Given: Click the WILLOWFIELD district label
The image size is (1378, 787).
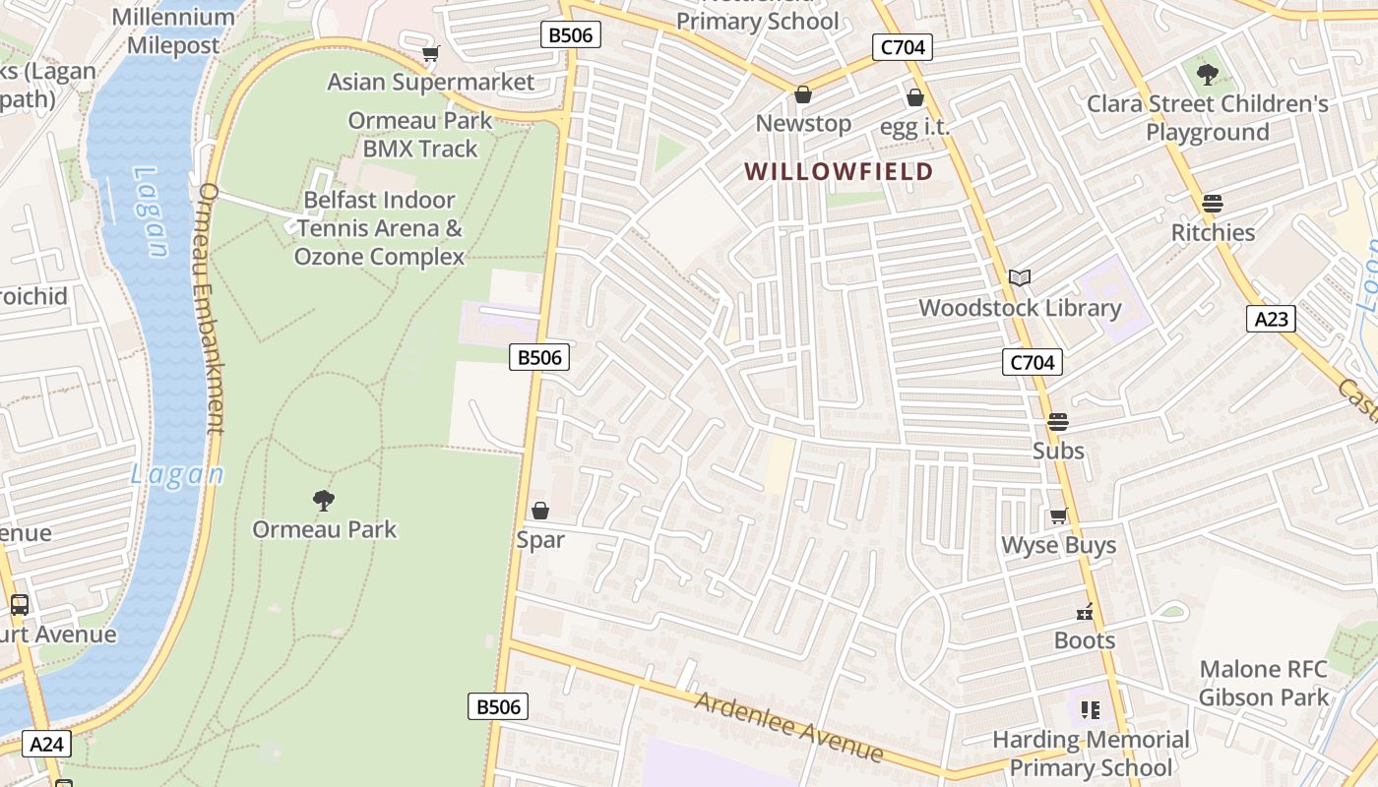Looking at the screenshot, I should coord(839,172).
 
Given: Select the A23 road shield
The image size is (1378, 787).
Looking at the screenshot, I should coord(1271,318).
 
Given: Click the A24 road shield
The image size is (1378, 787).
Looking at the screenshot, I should coord(46,744).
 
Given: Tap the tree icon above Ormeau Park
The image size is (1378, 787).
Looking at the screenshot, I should coord(323,501).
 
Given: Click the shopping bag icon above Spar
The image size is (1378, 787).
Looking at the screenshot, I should coord(539,511).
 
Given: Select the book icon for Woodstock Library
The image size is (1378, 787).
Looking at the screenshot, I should coord(1020,278).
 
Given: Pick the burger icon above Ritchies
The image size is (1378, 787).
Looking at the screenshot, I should coord(1212,204).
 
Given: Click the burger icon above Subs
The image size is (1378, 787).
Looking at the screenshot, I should coord(1058,422).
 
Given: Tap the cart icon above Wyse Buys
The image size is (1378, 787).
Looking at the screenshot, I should coord(1058,516).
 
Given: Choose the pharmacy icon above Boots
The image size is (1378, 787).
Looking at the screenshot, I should coord(1085,612).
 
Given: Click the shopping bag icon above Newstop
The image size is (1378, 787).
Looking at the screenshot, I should coord(802,94).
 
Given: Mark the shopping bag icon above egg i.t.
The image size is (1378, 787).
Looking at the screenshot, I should coord(914,97).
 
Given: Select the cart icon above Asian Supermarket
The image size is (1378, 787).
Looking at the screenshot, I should coord(430,53).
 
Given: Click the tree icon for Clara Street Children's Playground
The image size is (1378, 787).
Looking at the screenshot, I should coord(1207,74).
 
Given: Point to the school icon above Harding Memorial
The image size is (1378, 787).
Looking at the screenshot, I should coord(1090,709).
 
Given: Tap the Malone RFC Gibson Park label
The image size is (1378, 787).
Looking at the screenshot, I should coord(1264,684).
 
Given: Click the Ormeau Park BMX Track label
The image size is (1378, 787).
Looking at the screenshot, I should coord(420,135).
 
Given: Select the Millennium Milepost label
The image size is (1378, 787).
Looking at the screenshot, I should coord(173,31).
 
